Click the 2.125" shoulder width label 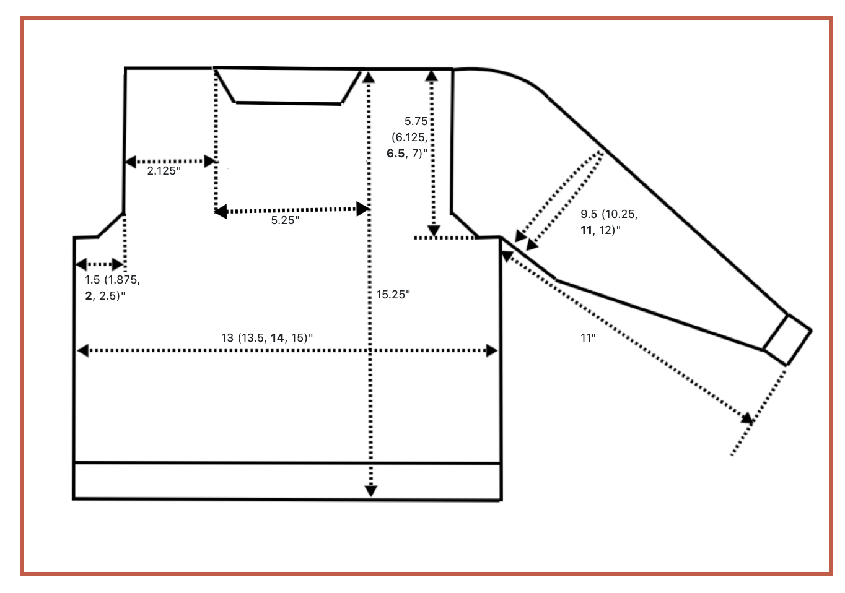click(164, 171)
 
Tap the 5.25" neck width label click(285, 220)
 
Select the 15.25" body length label click(393, 295)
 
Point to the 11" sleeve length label click(588, 338)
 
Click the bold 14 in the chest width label click(277, 338)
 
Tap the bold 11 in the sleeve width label click(586, 230)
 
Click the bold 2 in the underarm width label click(89, 295)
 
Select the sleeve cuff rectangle click(787, 339)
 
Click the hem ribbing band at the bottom click(287, 480)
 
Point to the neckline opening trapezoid click(288, 85)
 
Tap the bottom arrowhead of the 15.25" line click(370, 491)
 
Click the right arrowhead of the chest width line click(492, 351)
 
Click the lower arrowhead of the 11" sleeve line click(748, 418)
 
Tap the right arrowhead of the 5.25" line click(364, 209)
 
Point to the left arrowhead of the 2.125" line click(131, 162)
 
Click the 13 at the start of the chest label click(227, 338)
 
